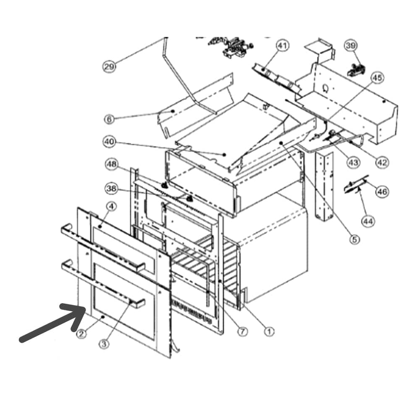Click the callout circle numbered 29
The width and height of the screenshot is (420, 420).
tap(109, 66)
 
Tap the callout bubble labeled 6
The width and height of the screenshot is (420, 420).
tap(109, 119)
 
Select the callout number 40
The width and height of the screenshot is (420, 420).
tap(109, 142)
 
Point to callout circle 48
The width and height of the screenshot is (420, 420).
tap(111, 164)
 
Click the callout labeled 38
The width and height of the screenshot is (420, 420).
tap(111, 189)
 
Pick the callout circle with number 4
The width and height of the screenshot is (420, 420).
tap(111, 207)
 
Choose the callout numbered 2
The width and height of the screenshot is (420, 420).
tap(82, 334)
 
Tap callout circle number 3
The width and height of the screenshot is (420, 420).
tap(104, 344)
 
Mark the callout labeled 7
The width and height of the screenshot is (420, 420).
tap(242, 332)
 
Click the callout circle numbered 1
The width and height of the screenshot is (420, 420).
tap(269, 332)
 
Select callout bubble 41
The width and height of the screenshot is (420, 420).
tap(282, 46)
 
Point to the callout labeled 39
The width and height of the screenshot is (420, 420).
tap(351, 46)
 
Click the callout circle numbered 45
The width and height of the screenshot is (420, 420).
tap(377, 78)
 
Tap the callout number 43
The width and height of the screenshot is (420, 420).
tap(353, 162)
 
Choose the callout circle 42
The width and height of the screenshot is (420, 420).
tap(382, 162)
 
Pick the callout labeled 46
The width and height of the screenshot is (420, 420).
tap(382, 192)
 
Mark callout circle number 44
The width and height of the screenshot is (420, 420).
tap(368, 221)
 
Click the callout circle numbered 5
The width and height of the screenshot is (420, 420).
tap(354, 239)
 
